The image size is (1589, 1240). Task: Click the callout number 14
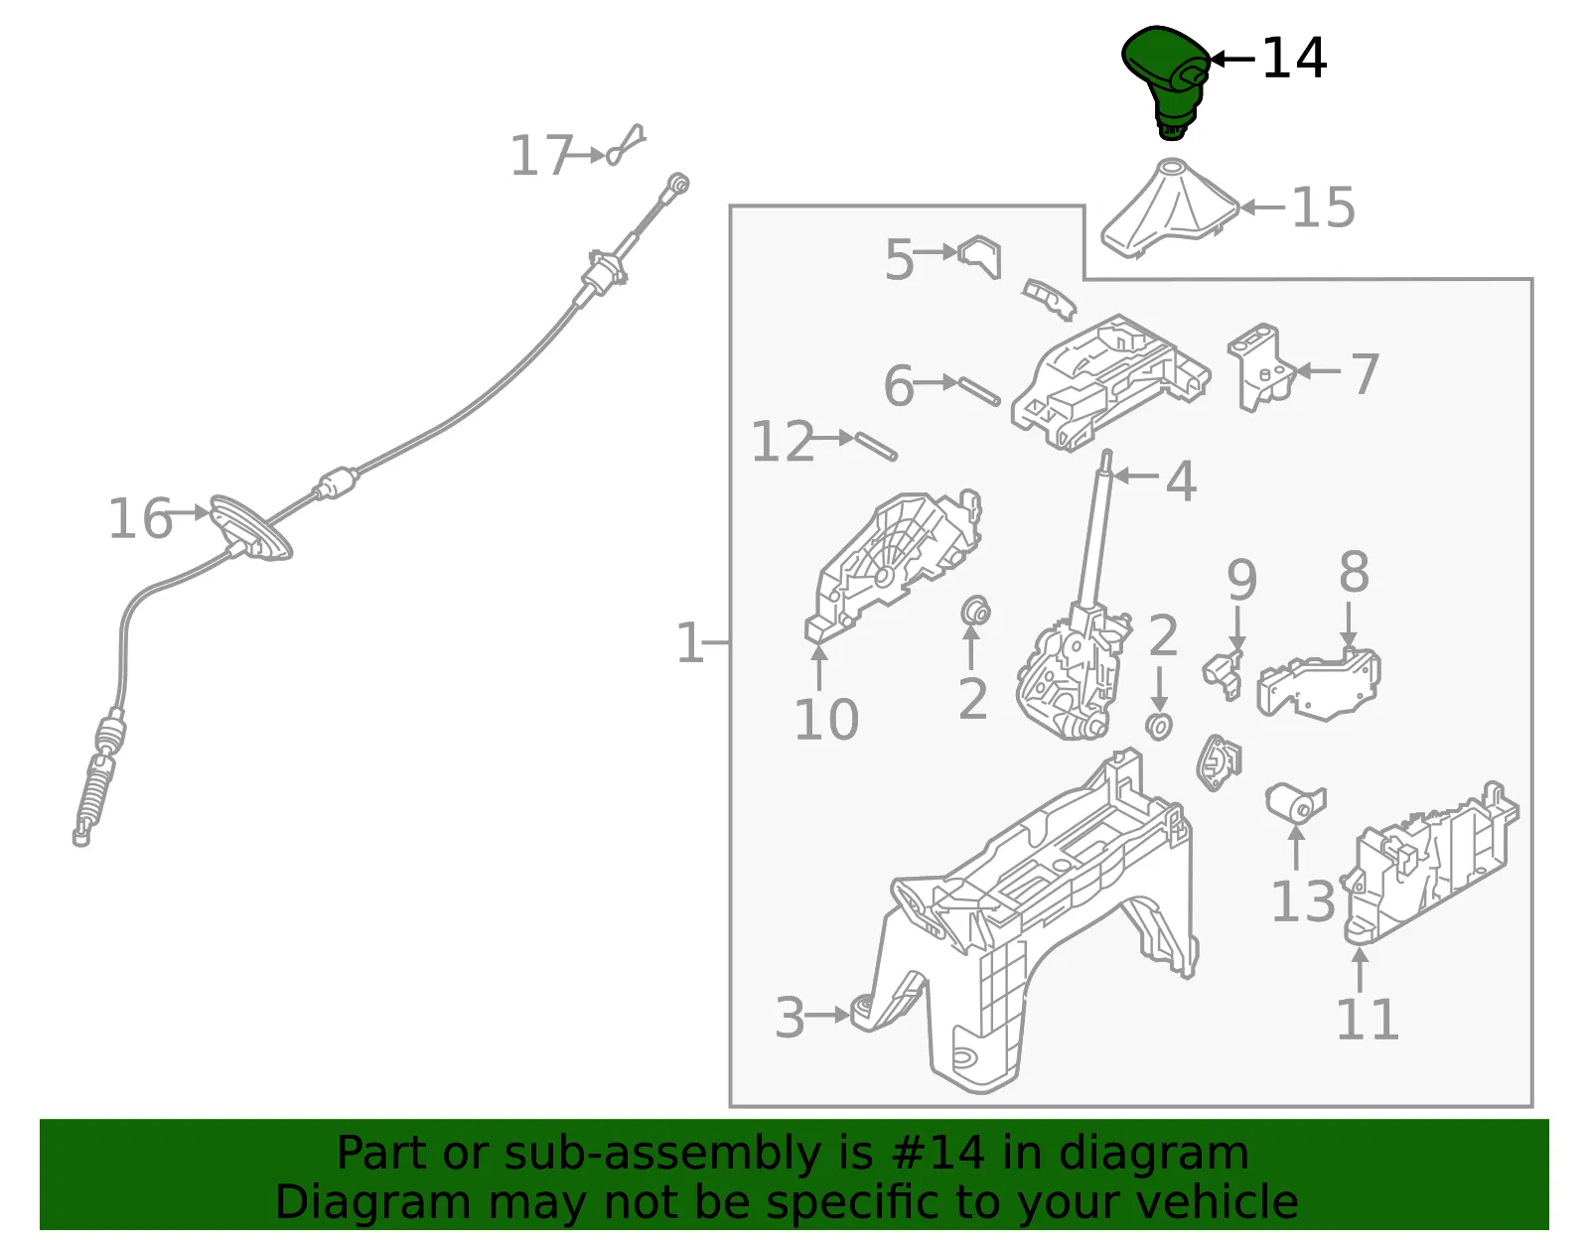click(x=1294, y=60)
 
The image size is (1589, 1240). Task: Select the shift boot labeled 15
click(x=1169, y=208)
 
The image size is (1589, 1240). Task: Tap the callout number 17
click(x=540, y=156)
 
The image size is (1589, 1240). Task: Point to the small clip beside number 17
click(x=626, y=146)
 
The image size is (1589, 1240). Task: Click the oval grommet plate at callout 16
click(x=251, y=527)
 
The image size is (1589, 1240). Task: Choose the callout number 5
click(x=900, y=259)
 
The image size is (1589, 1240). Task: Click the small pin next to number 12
click(x=876, y=447)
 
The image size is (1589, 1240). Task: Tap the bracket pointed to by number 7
click(x=1260, y=366)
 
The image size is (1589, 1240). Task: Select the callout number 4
click(x=1181, y=482)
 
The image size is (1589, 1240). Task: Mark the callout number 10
click(x=826, y=720)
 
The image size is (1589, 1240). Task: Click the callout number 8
click(x=1354, y=572)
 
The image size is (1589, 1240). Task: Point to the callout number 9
click(x=1241, y=580)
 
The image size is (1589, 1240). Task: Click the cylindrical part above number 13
click(x=1295, y=805)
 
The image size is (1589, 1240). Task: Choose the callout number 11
click(x=1367, y=1020)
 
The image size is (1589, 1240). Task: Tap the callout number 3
click(x=790, y=1018)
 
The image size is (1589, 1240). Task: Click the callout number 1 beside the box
click(x=689, y=643)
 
